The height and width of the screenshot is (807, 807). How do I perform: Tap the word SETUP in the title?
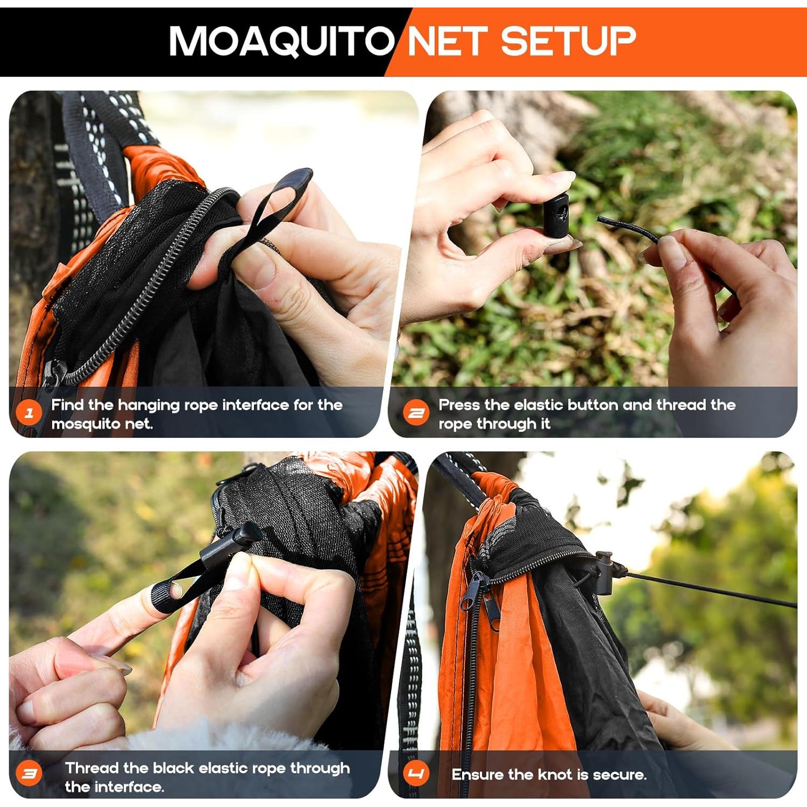click(x=568, y=41)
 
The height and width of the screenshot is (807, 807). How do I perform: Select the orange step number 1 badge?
click(x=29, y=413)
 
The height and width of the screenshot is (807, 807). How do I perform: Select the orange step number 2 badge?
click(x=416, y=413)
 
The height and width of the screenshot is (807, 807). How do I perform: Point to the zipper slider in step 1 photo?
click(x=53, y=371)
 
